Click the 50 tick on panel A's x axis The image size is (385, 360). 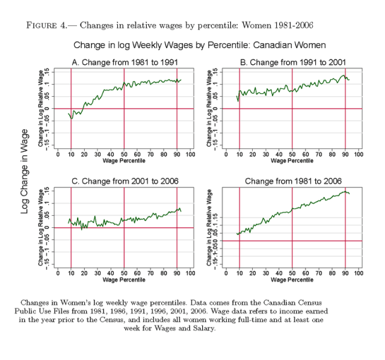tap(124, 154)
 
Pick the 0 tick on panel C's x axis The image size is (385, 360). tap(58, 273)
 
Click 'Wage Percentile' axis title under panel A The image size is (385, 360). tap(124, 161)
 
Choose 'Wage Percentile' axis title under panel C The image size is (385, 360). tap(124, 280)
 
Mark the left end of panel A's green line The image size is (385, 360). tap(69, 113)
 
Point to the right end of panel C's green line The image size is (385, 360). tap(181, 212)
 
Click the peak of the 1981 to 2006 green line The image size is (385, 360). tap(346, 192)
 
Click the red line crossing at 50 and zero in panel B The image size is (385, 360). tap(292, 109)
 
